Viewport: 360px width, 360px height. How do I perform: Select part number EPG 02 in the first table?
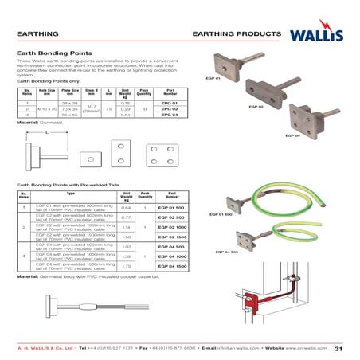click(x=168, y=109)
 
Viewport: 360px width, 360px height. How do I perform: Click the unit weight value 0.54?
click(x=124, y=115)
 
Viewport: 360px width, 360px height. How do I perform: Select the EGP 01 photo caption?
click(x=213, y=78)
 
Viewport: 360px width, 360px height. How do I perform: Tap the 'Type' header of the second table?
click(x=71, y=194)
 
